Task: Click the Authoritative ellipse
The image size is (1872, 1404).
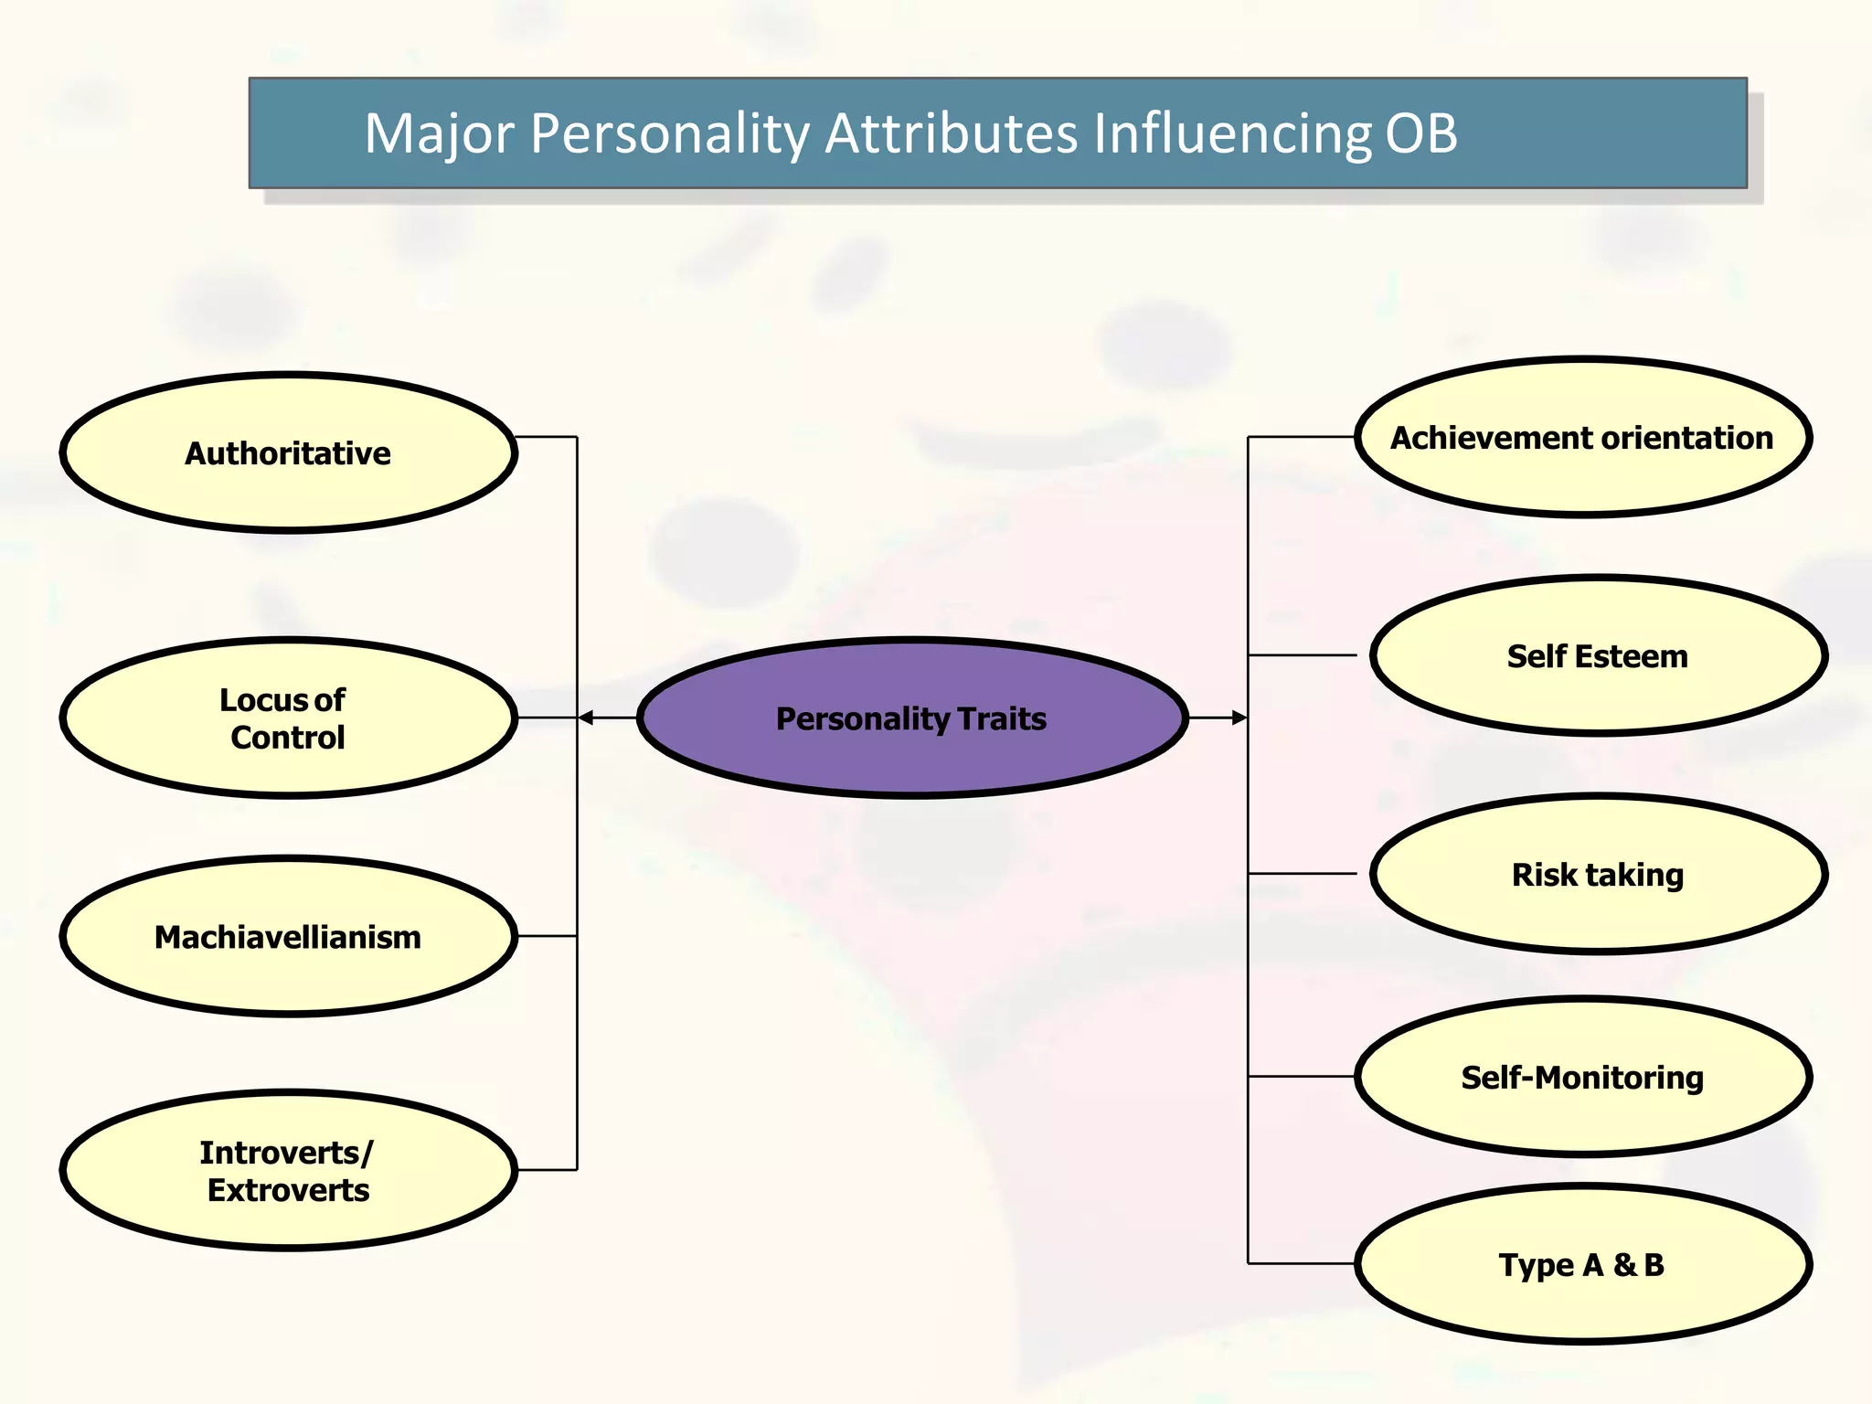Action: pyautogui.click(x=288, y=452)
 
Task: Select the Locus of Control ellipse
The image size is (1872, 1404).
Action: pyautogui.click(x=288, y=718)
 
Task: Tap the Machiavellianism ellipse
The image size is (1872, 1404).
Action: pyautogui.click(x=288, y=937)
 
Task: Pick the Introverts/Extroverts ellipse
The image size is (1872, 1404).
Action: pyautogui.click(x=288, y=1171)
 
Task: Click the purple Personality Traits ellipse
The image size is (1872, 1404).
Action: pyautogui.click(x=911, y=718)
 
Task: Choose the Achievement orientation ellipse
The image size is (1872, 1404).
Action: pyautogui.click(x=1582, y=438)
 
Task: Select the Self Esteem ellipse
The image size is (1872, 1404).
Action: pyautogui.click(x=1598, y=656)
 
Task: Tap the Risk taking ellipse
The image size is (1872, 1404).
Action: pyautogui.click(x=1598, y=875)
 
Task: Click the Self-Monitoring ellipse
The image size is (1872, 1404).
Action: pyautogui.click(x=1582, y=1078)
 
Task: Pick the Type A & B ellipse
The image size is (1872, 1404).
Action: pyautogui.click(x=1582, y=1265)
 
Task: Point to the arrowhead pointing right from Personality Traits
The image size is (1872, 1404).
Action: pyautogui.click(x=1239, y=718)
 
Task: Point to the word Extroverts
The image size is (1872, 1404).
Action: pyautogui.click(x=288, y=1190)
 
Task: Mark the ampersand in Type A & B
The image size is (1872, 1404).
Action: pyautogui.click(x=1624, y=1265)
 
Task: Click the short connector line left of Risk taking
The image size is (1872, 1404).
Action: pyautogui.click(x=1303, y=874)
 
